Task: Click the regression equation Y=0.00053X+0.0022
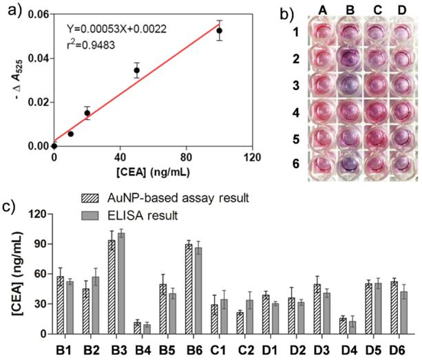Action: [x=116, y=29]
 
